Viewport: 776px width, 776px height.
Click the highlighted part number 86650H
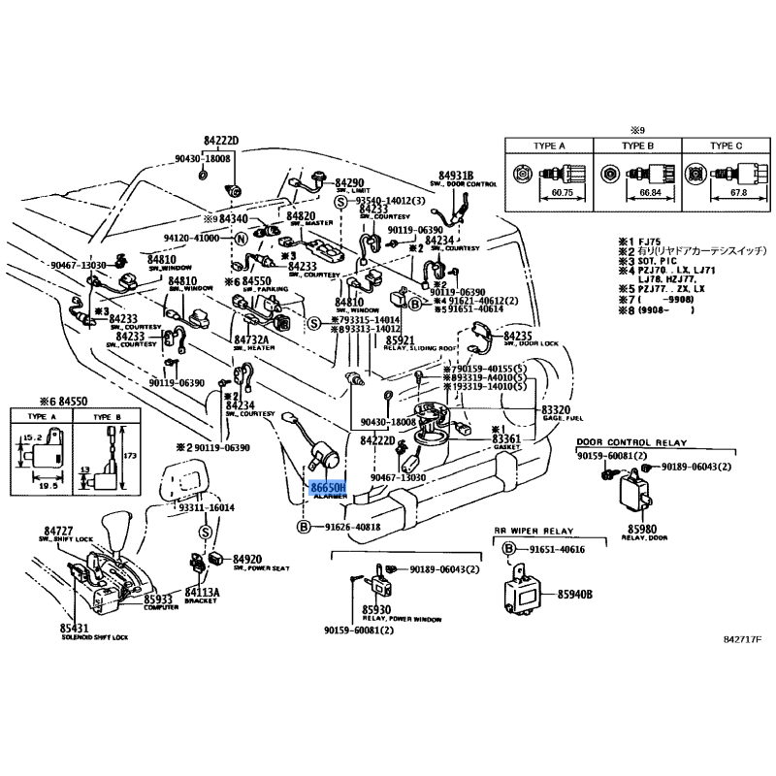326,488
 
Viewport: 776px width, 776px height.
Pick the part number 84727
59,531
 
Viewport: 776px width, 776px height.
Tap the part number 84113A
203,592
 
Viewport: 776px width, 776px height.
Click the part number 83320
557,410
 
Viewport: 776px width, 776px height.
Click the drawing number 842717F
743,639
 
